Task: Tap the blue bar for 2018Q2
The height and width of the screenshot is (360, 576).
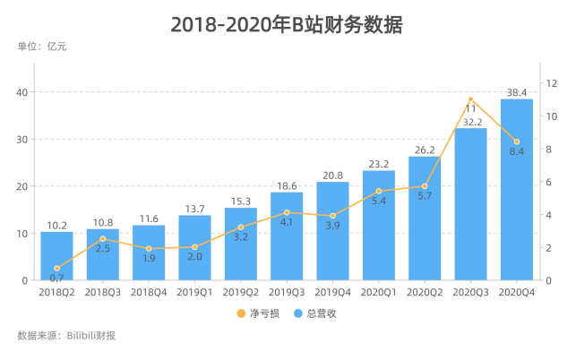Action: coord(56,255)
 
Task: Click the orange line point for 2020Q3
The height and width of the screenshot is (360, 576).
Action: coord(471,99)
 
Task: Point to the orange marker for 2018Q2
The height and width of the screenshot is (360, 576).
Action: coord(56,269)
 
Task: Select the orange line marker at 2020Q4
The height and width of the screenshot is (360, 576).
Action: coord(517,141)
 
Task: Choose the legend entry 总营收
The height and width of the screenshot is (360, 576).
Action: coord(313,313)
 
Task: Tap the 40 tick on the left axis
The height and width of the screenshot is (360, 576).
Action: coord(22,92)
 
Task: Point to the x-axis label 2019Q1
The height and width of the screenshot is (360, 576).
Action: coord(194,292)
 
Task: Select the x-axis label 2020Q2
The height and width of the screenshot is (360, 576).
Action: coord(425,292)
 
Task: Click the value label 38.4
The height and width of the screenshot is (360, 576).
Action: coord(517,91)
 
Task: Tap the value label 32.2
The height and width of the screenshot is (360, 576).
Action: coord(471,122)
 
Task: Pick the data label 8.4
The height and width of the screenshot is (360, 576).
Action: coord(517,152)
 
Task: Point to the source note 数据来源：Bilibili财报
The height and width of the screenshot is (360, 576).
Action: coord(66,337)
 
